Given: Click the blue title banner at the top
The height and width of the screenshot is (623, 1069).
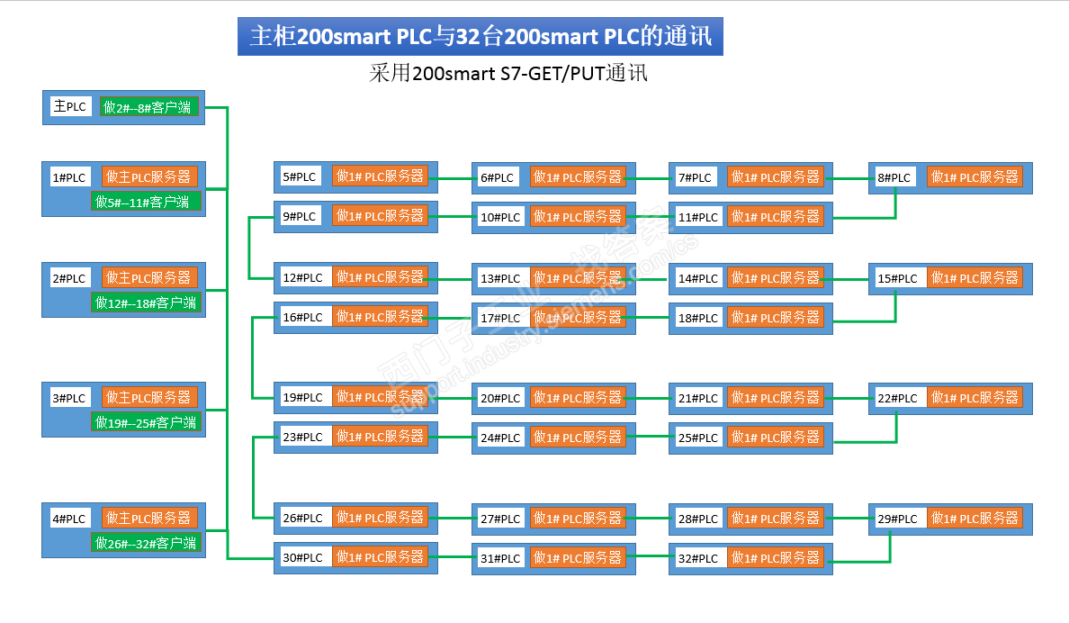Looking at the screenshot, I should (x=480, y=37).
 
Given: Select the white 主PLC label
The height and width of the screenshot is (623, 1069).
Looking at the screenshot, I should (x=70, y=107).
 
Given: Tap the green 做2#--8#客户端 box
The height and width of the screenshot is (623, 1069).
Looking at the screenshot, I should (x=149, y=108).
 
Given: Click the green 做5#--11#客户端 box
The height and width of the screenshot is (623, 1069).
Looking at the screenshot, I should (x=146, y=202).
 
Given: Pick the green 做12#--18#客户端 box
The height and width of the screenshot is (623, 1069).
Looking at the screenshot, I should (x=146, y=302).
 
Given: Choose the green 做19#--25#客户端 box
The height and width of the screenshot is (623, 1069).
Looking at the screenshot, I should (x=146, y=422).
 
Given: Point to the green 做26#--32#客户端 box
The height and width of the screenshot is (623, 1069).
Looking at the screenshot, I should (x=146, y=543).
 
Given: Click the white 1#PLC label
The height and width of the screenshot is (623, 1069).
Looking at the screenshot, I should (x=69, y=177).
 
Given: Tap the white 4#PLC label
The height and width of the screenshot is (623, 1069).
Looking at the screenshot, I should (x=69, y=519).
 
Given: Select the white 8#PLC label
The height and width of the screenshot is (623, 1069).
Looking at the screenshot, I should (x=895, y=177).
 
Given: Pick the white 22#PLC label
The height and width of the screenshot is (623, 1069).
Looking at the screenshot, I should (x=897, y=398).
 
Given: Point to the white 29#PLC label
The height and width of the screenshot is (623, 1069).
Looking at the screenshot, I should (x=897, y=519).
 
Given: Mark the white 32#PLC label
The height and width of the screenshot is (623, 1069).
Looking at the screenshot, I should (x=697, y=558).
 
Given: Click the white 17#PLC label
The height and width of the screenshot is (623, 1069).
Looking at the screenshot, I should (x=500, y=318).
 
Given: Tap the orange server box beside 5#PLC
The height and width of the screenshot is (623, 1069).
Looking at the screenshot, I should (x=380, y=176).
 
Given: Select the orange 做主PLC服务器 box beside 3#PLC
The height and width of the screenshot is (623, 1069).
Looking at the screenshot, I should (x=149, y=397).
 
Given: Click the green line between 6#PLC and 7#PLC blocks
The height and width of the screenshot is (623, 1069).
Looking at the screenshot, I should (x=652, y=178).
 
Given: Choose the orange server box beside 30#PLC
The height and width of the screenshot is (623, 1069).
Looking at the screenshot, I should (x=380, y=557).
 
